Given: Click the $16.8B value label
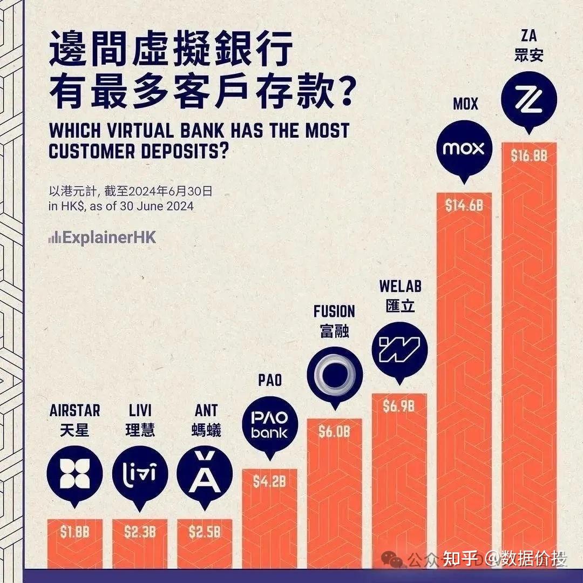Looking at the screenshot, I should tap(529, 156).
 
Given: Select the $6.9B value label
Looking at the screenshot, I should tap(399, 406).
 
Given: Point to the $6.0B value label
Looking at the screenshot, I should tap(334, 432).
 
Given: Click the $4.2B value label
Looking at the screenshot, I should tap(269, 482).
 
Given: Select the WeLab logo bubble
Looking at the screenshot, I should tap(399, 349).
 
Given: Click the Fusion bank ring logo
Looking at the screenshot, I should tap(334, 374).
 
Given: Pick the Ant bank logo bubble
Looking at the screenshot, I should tap(205, 473).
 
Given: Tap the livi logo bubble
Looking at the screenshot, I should tap(140, 473).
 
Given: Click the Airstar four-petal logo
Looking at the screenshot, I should tap(74, 473).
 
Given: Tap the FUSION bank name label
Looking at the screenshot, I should tap(334, 311).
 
